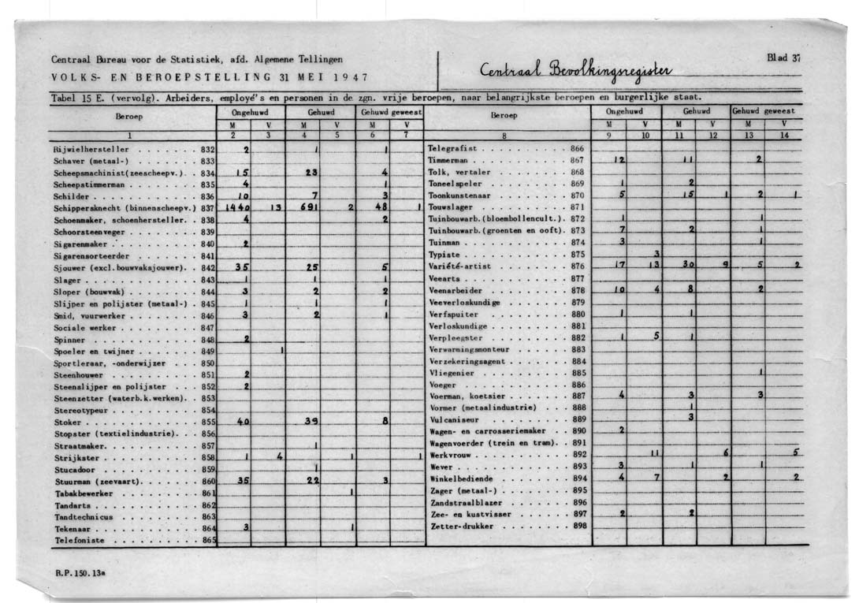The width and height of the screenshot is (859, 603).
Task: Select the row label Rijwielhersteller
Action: pos(91,148)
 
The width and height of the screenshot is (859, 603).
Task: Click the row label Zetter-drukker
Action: pos(463,525)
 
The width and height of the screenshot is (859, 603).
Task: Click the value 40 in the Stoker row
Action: pos(243,422)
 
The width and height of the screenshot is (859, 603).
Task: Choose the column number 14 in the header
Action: pos(784,136)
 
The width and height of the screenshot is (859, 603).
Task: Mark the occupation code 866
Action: pos(578,148)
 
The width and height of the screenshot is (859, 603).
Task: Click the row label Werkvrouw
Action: pos(455,455)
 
